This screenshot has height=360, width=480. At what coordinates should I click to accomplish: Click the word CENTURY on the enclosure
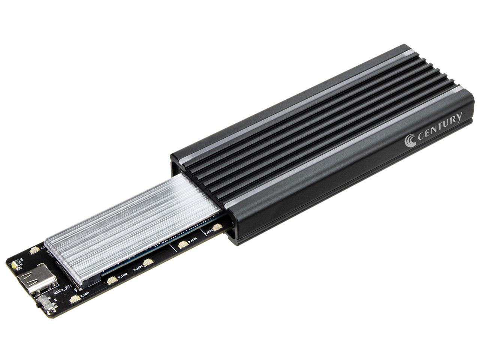439,127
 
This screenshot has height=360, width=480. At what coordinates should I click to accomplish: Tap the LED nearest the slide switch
75,299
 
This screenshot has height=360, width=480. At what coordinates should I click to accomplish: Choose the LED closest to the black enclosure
217,227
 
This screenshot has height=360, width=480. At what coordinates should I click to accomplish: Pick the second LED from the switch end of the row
112,280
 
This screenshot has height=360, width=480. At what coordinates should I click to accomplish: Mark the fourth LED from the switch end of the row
183,245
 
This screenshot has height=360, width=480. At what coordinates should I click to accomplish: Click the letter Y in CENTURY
458,117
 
